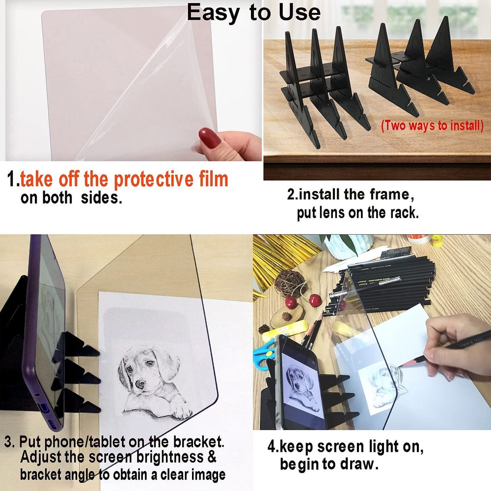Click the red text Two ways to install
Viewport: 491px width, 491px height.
click(x=432, y=125)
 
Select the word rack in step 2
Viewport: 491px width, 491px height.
click(x=403, y=213)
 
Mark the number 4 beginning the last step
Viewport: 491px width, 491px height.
click(x=271, y=447)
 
